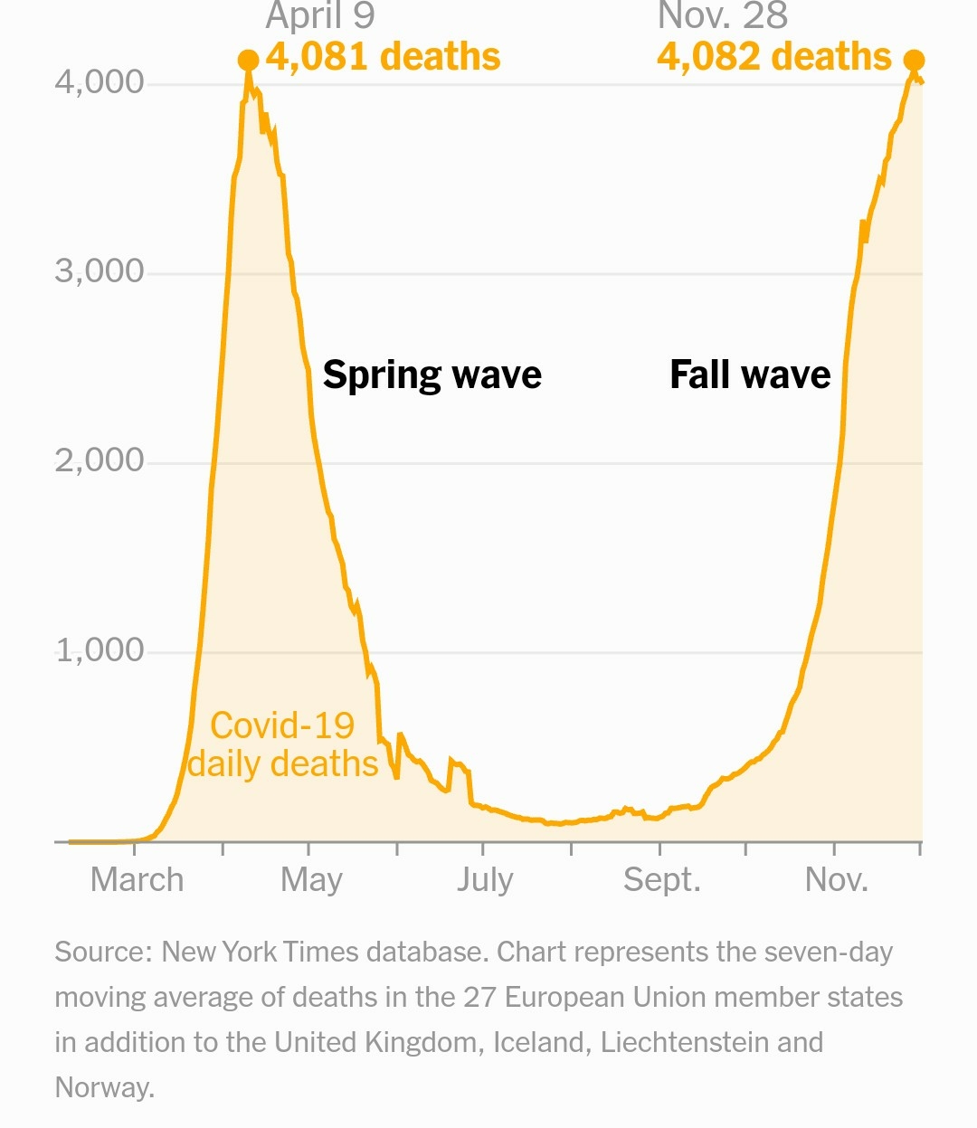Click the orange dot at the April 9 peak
click(248, 61)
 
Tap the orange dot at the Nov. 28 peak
click(914, 61)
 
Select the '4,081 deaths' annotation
click(383, 57)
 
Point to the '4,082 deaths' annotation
click(774, 57)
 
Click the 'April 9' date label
click(320, 16)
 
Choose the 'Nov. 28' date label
click(723, 16)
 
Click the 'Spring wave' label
click(432, 374)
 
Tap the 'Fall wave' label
click(750, 374)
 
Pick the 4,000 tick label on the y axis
click(100, 82)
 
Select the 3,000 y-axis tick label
click(100, 271)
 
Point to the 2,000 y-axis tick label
click(100, 460)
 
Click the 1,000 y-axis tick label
click(100, 650)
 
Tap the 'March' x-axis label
click(137, 879)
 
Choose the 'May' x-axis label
click(311, 879)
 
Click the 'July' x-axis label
click(485, 879)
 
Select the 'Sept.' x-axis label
click(662, 879)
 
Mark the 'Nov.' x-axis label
click(837, 879)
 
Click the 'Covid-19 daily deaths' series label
click(282, 745)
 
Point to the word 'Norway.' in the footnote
click(105, 1087)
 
